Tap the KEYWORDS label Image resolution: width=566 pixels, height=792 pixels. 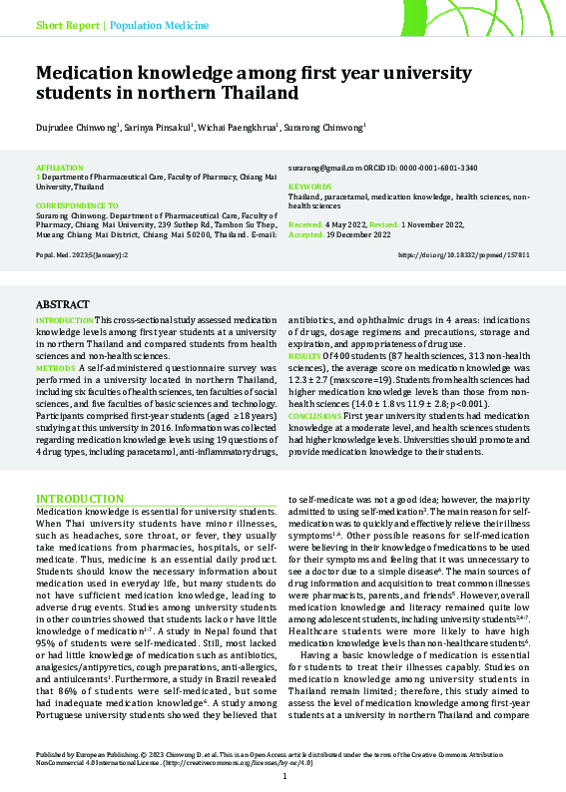[x=308, y=188]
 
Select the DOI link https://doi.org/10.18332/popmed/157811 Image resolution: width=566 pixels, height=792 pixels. [x=463, y=255]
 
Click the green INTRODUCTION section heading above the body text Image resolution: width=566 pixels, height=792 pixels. [x=80, y=498]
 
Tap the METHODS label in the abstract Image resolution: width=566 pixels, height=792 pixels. [x=56, y=368]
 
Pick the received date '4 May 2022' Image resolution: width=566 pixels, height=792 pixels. [x=341, y=225]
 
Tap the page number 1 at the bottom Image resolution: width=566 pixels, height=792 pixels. [x=283, y=776]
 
